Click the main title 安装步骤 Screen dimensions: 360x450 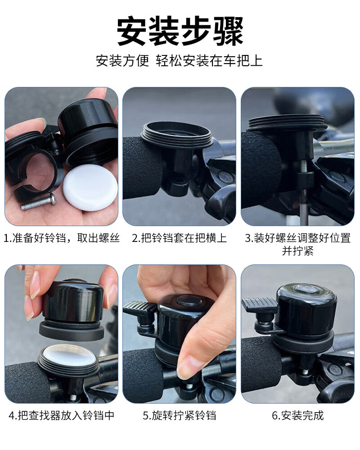180,31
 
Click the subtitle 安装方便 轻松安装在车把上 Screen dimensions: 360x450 180,61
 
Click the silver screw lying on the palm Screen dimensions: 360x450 39,201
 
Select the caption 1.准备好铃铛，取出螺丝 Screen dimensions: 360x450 61,238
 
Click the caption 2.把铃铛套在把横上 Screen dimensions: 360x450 180,238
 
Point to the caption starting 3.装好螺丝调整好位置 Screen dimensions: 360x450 298,245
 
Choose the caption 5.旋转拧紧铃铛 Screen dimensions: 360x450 180,416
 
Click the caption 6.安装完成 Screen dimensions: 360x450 298,416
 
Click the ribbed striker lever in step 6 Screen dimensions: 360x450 259,303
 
